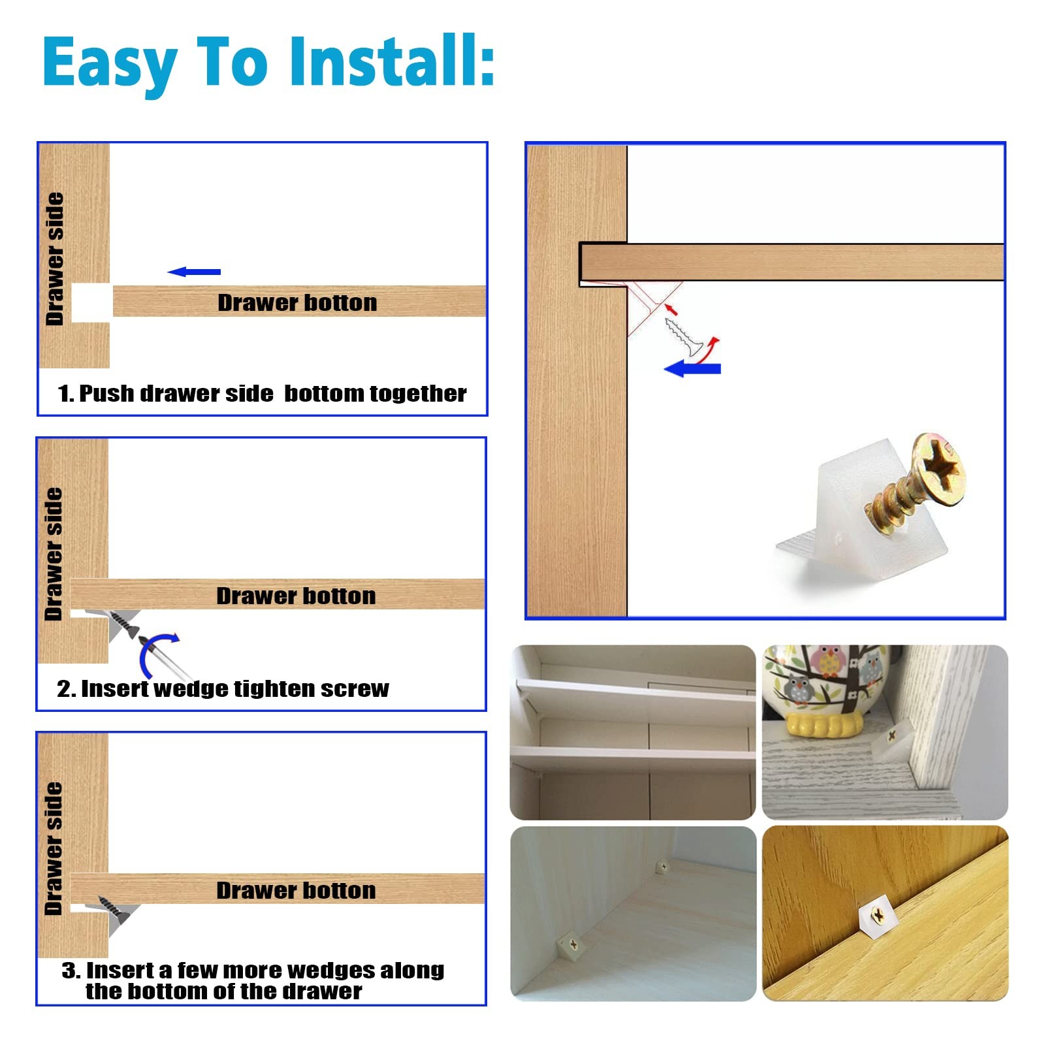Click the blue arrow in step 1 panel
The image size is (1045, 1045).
(x=194, y=272)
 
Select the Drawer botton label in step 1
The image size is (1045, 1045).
(x=297, y=302)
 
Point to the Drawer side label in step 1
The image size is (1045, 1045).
(x=55, y=259)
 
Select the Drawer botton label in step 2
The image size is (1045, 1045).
(x=296, y=596)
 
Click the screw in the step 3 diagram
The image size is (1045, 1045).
(x=115, y=909)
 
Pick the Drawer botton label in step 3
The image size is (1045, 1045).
(x=296, y=890)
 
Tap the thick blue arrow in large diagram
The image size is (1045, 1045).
(x=692, y=368)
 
